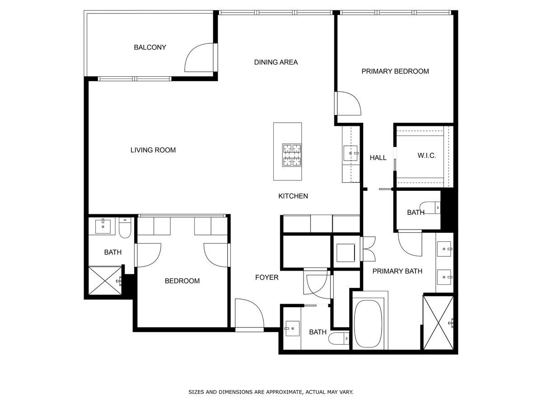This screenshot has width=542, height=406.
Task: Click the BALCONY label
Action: [x=150, y=47]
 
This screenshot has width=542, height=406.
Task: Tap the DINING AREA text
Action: [x=276, y=62]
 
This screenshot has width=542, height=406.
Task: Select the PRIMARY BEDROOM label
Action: [x=395, y=71]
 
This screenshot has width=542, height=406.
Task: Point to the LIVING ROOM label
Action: [x=153, y=150]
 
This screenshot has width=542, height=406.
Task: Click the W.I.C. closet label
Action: [x=427, y=156]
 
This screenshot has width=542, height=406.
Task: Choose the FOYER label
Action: [x=266, y=277]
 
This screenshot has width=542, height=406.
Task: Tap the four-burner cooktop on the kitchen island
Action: [x=292, y=155]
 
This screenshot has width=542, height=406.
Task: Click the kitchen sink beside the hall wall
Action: [x=350, y=153]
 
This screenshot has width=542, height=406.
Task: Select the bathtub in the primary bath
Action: [x=368, y=323]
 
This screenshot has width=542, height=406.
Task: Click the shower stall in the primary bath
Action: [x=438, y=323]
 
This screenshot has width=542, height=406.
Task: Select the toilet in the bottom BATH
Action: [x=339, y=338]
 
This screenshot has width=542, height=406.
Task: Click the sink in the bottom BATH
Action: [x=293, y=328]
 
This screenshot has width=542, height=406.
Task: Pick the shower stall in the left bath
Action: [x=105, y=280]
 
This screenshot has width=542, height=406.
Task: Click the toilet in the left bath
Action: [x=125, y=227]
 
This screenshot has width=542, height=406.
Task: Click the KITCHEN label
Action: [x=293, y=196]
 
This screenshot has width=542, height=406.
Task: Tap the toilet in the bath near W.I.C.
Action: [x=430, y=208]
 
